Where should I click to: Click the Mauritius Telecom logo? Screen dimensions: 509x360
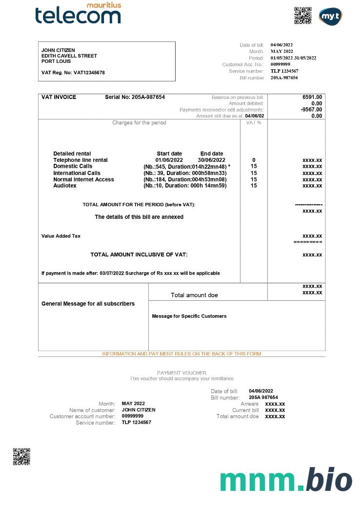coord(78,13)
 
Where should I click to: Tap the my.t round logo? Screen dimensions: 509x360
coord(330,17)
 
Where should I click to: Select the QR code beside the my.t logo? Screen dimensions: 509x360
coord(303,16)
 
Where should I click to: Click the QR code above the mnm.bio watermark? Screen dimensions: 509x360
coord(21,456)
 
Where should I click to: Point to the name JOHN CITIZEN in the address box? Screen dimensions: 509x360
coord(58,50)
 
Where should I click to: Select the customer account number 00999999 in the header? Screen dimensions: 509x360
coord(280,64)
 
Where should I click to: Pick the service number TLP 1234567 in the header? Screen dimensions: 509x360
coord(284,71)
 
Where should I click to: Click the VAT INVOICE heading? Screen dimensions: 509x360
coord(59,97)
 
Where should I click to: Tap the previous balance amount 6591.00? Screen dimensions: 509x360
coord(312,97)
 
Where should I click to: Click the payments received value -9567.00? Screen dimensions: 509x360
coord(311,110)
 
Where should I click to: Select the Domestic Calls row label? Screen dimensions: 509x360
coord(73,166)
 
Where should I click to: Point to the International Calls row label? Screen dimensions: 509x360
coord(77,173)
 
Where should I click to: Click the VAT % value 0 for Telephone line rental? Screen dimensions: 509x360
coord(254,160)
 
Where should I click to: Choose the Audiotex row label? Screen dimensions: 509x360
coord(65,185)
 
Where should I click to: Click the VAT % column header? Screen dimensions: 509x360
coord(254,123)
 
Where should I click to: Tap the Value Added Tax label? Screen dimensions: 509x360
coord(61,236)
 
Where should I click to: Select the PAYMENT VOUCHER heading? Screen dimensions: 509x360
coord(181,373)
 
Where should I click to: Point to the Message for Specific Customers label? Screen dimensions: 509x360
coord(189,316)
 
